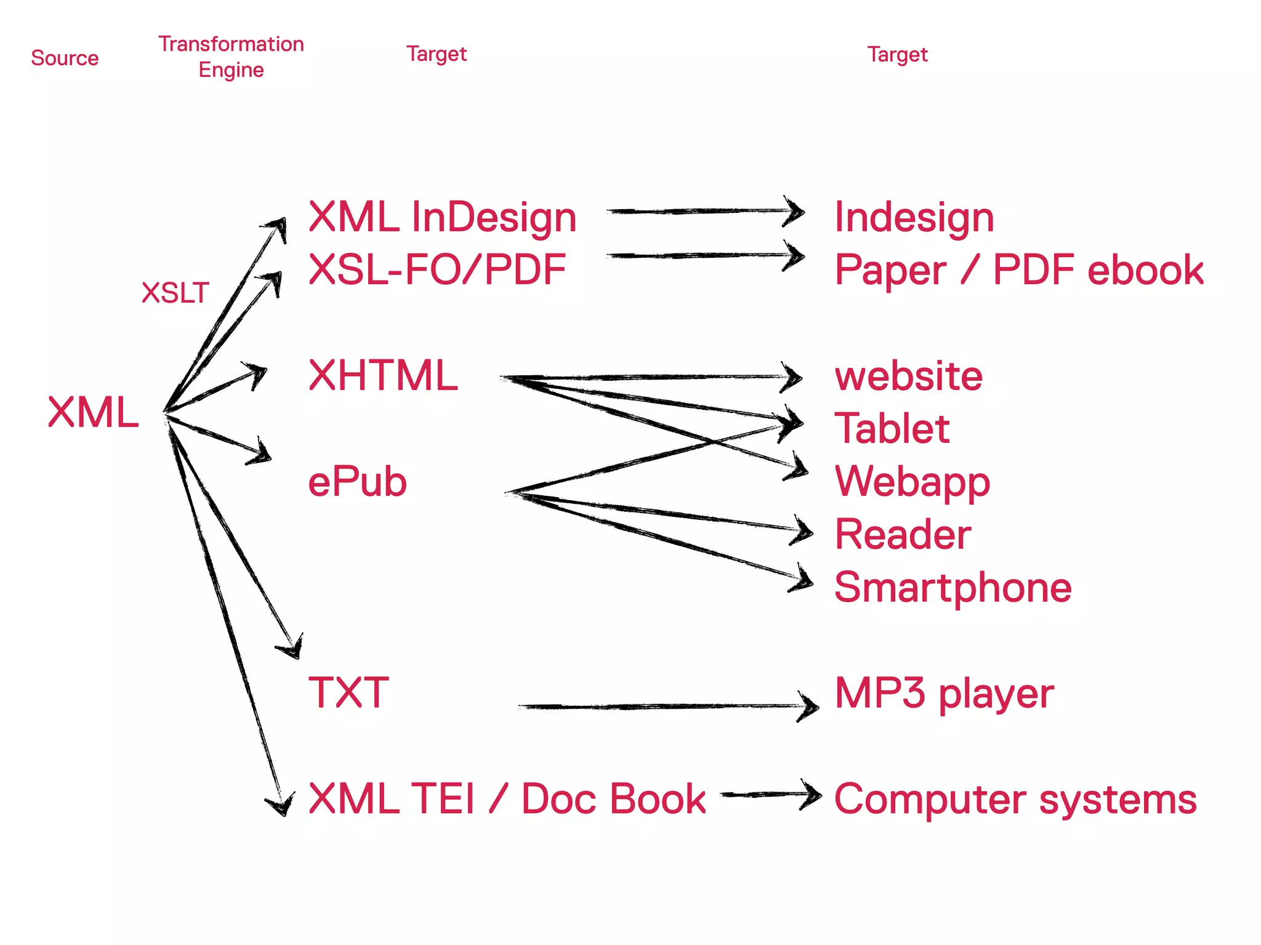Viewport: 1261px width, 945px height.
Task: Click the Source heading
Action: coord(65,58)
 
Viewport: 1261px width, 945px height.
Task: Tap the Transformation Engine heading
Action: coord(231,57)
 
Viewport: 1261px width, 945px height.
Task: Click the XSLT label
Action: coord(175,293)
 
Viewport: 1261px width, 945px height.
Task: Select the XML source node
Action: coord(93,412)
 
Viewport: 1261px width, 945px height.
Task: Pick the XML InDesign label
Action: coord(442,217)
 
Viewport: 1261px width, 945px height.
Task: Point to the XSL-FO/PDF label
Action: coord(437,269)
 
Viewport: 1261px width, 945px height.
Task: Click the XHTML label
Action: coord(383,375)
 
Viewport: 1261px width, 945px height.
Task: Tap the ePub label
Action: coord(357,482)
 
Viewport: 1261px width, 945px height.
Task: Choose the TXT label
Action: coord(348,693)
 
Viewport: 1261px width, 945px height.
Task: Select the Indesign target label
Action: coord(914,217)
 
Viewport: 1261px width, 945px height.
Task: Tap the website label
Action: coord(908,376)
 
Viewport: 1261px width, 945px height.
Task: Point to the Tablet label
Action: coord(892,428)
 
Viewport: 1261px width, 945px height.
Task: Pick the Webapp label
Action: coord(913,482)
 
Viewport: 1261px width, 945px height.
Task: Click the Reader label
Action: coord(903,534)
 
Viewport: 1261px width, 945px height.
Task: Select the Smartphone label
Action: coord(953,587)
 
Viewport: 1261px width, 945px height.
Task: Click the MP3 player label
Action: coord(944,693)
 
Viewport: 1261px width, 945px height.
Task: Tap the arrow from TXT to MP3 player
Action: coord(665,707)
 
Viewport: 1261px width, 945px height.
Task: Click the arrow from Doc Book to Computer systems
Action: coord(770,794)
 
